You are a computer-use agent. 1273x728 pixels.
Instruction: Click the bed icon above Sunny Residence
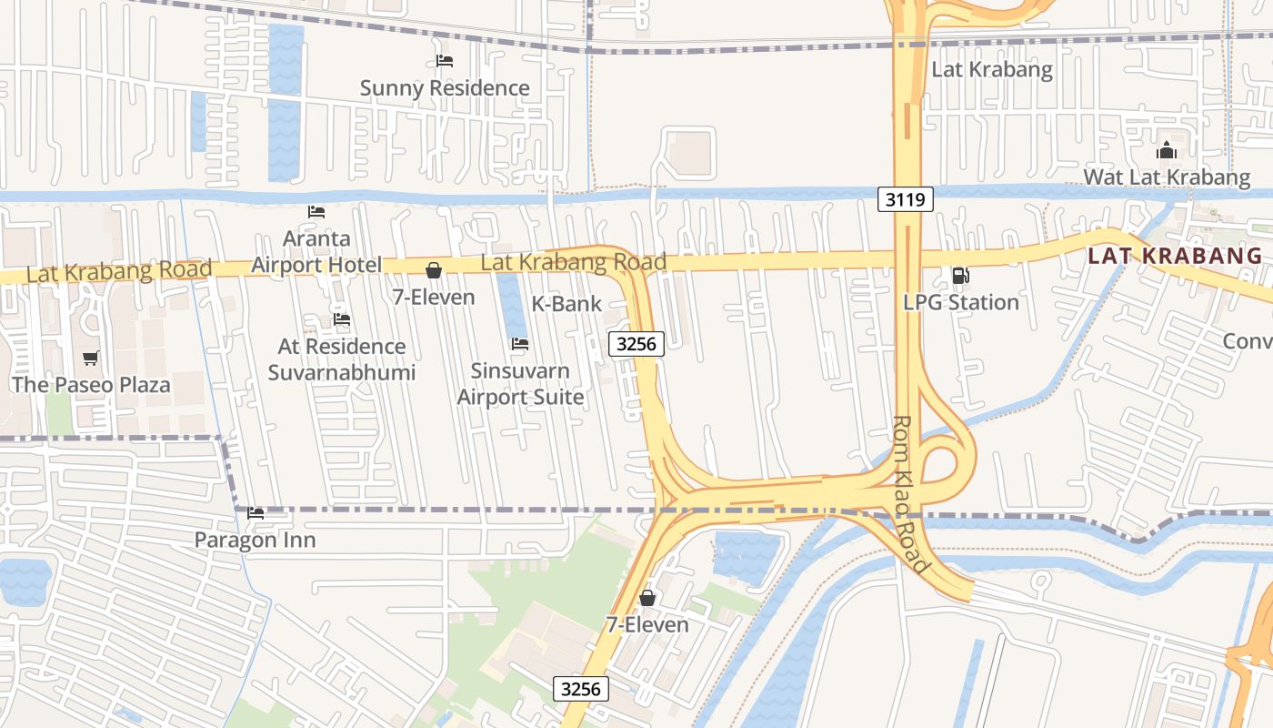[445, 61]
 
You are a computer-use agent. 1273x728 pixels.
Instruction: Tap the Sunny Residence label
[445, 88]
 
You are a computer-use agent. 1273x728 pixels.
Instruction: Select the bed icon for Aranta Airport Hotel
[316, 212]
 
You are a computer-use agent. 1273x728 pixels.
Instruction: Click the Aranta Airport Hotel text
[316, 252]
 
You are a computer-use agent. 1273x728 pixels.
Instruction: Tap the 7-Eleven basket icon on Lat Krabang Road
[434, 270]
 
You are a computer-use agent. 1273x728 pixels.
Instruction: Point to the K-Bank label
[566, 304]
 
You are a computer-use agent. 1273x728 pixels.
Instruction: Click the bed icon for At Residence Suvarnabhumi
[342, 319]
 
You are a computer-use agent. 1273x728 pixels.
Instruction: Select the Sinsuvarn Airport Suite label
[520, 384]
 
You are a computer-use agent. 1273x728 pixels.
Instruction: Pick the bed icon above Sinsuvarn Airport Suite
[520, 344]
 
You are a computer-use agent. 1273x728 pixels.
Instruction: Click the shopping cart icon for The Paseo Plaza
[90, 359]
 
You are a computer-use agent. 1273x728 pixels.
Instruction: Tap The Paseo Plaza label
[91, 385]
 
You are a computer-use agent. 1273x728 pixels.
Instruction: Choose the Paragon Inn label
[256, 541]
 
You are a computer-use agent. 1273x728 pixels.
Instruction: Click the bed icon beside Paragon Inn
[256, 513]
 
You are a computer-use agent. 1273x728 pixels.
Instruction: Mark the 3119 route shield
[906, 200]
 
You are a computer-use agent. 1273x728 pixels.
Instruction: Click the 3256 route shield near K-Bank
[636, 344]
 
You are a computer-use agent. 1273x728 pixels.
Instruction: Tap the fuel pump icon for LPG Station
[960, 276]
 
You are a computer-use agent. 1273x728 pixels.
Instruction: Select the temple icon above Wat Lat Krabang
[1167, 151]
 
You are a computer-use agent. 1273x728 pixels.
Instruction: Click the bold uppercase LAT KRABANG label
[1175, 256]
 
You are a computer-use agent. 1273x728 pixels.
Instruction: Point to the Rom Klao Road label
[910, 494]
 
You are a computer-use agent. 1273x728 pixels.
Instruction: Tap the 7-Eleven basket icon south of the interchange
[647, 598]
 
